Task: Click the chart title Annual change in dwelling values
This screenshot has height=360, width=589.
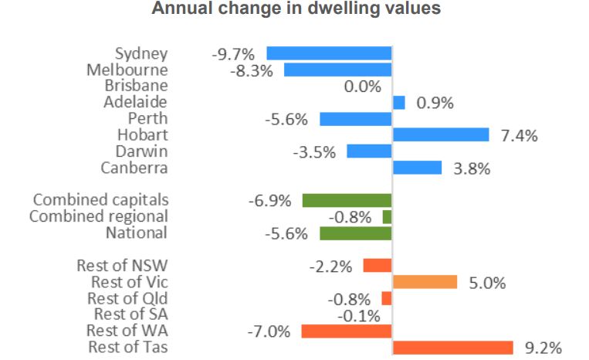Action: tap(296, 9)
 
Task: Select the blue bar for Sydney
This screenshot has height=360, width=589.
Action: tap(329, 53)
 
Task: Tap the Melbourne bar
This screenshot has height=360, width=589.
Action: tap(337, 70)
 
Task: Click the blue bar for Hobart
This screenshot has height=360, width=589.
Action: tap(441, 134)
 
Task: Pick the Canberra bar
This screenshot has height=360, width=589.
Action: tap(417, 168)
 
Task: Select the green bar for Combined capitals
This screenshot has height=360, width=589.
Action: tap(347, 201)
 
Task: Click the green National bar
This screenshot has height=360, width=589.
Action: tap(355, 233)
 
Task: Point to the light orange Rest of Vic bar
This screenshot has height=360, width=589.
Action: tap(425, 282)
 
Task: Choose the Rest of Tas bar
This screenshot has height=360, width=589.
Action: tap(453, 348)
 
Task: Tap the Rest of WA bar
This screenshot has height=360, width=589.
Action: tap(346, 331)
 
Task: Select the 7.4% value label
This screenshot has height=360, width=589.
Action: tap(519, 136)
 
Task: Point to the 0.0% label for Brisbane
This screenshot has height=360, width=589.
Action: tap(363, 87)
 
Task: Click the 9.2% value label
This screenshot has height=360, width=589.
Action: tap(543, 348)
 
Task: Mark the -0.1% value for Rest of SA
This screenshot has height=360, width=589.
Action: tap(357, 315)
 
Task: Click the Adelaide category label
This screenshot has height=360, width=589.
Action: tap(135, 102)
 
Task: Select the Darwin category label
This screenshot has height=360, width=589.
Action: tap(141, 151)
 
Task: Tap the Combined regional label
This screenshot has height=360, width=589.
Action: tap(98, 216)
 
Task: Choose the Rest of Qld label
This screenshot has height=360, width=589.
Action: tap(127, 298)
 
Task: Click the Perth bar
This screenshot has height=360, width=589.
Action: tap(355, 119)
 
